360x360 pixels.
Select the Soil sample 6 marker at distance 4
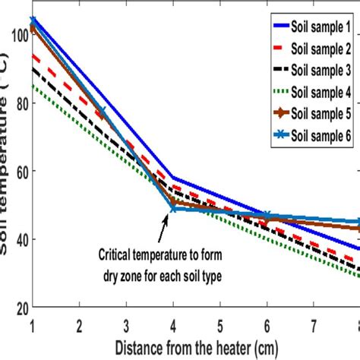pyautogui.click(x=173, y=207)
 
